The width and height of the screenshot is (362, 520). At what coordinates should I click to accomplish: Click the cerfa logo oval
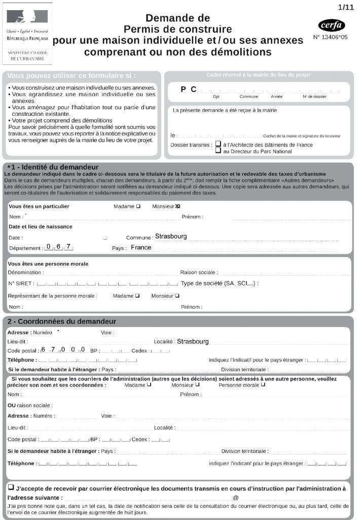[332, 25]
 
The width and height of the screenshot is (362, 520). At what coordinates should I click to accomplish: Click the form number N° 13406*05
[331, 37]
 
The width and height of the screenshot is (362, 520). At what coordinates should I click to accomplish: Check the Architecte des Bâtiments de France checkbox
[218, 144]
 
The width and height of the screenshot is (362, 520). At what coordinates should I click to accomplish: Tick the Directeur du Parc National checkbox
[218, 151]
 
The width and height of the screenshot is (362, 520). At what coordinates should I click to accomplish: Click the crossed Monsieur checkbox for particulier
[177, 206]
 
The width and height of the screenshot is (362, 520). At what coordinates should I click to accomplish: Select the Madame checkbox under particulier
[138, 206]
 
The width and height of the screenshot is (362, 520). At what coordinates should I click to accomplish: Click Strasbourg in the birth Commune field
[171, 237]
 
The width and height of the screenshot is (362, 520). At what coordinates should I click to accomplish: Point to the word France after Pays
[141, 248]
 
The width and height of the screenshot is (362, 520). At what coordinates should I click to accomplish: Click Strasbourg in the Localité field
[193, 341]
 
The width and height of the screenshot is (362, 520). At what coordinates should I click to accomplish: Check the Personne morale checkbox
[263, 384]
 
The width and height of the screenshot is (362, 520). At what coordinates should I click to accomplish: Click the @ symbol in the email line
[235, 498]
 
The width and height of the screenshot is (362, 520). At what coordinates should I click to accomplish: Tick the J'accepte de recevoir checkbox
[11, 487]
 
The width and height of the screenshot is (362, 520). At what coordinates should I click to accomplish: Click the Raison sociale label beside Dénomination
[199, 273]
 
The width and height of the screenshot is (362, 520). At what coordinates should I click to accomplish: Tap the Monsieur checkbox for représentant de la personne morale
[177, 296]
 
